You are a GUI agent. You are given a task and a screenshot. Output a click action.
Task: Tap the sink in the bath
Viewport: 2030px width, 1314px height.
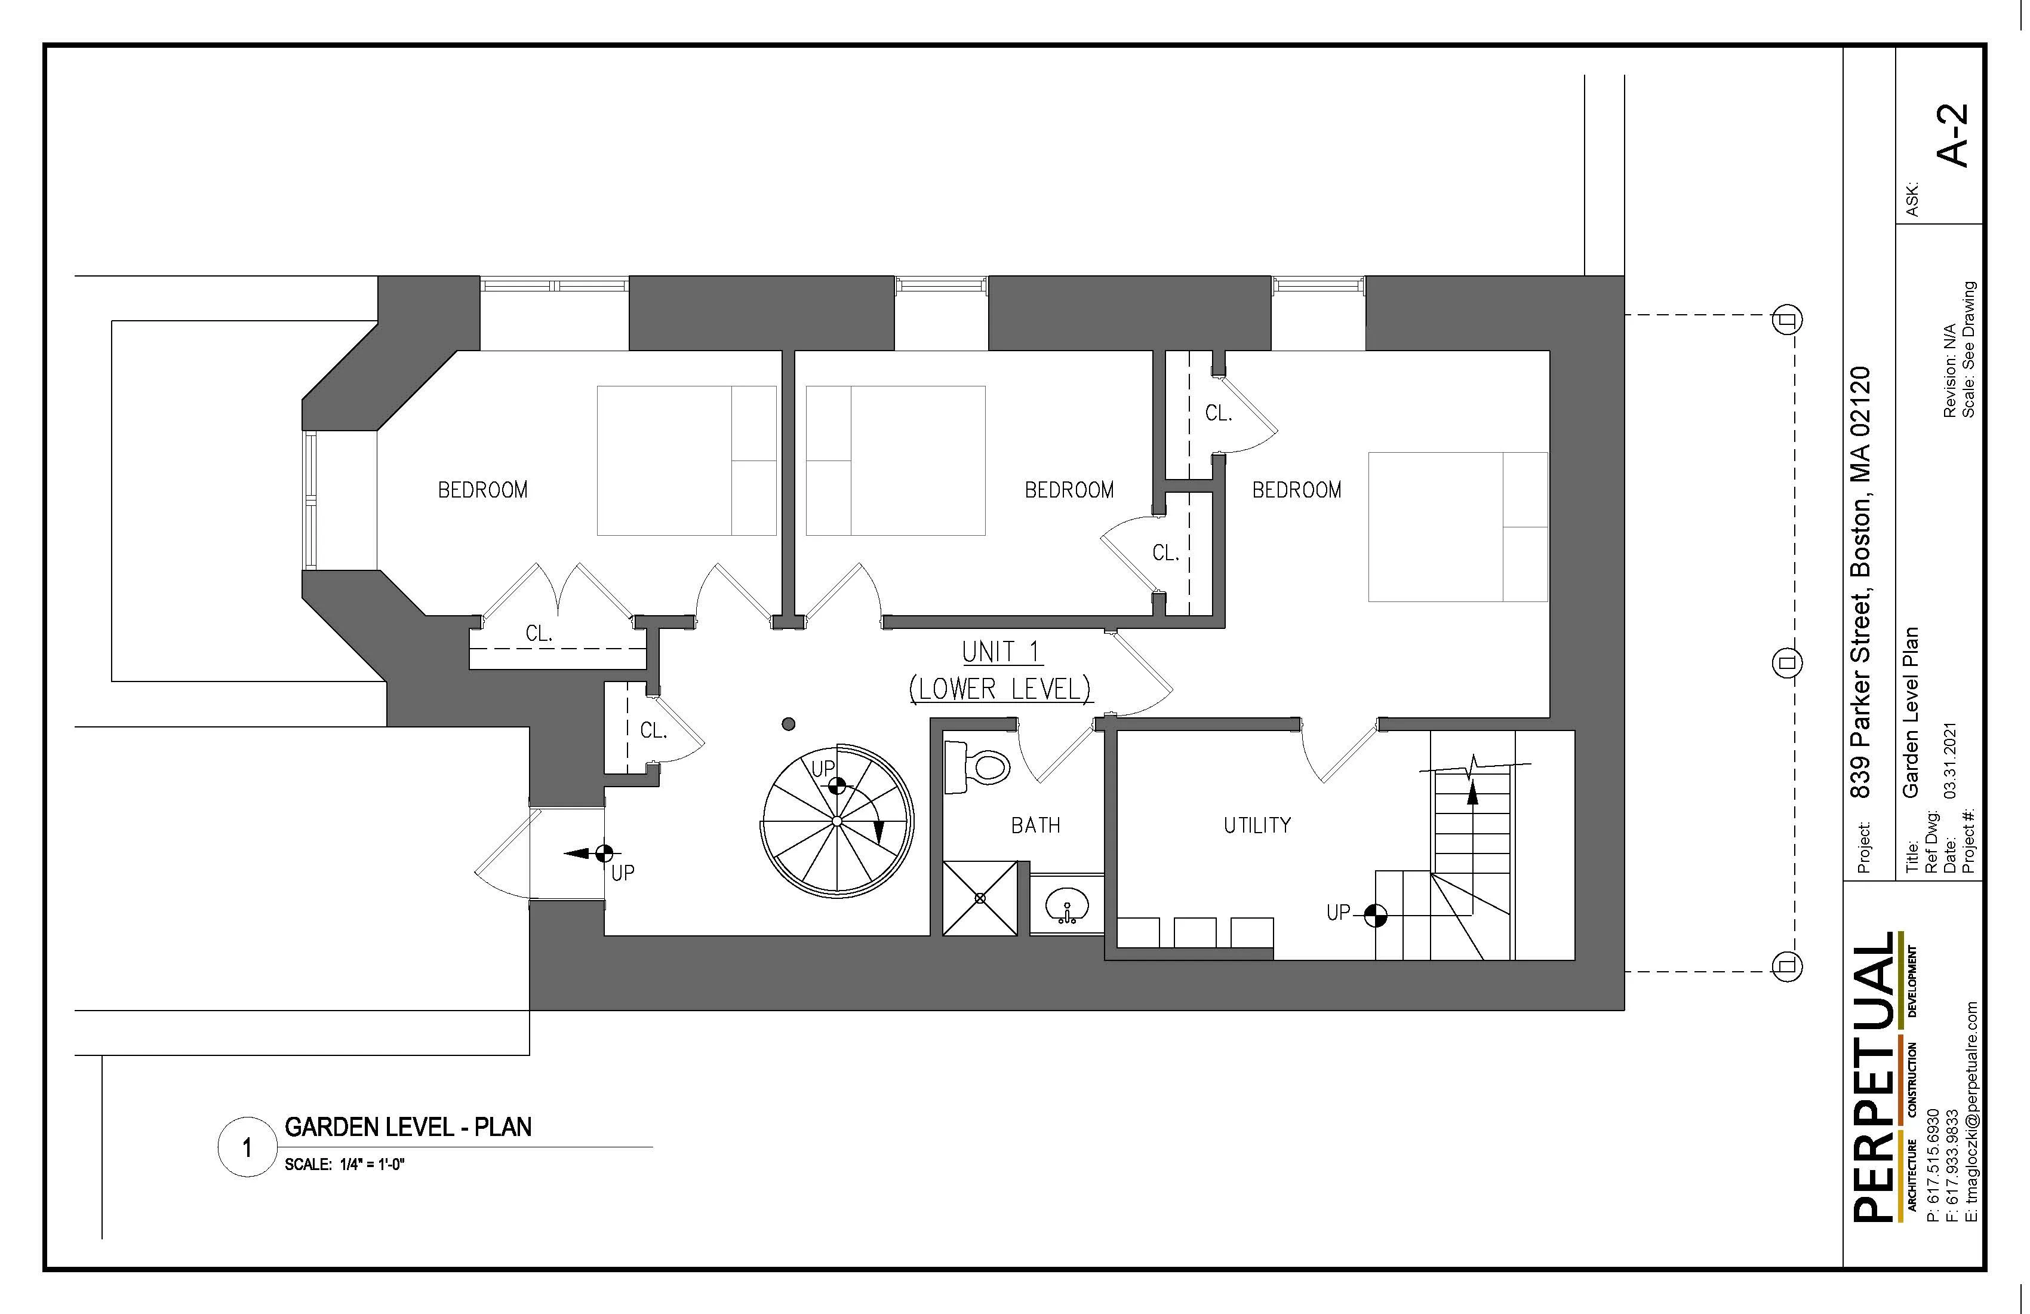point(1066,904)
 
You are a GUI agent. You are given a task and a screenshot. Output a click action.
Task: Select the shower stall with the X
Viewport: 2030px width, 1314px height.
point(980,898)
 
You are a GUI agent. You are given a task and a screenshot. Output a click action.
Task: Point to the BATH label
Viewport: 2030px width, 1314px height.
point(1035,825)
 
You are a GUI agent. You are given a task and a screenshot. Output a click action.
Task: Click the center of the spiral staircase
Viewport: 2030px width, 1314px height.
point(836,821)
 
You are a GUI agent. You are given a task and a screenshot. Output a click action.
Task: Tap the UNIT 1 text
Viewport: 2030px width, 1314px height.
point(1001,652)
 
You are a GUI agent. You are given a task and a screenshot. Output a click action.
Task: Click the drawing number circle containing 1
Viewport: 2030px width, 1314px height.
point(247,1147)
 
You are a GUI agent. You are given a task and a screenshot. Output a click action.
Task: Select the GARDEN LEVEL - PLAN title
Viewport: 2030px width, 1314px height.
point(408,1127)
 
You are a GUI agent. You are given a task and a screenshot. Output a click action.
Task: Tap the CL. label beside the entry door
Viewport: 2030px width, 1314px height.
point(653,730)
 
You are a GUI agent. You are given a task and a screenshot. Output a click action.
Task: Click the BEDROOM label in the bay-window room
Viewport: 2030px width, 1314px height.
point(483,490)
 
